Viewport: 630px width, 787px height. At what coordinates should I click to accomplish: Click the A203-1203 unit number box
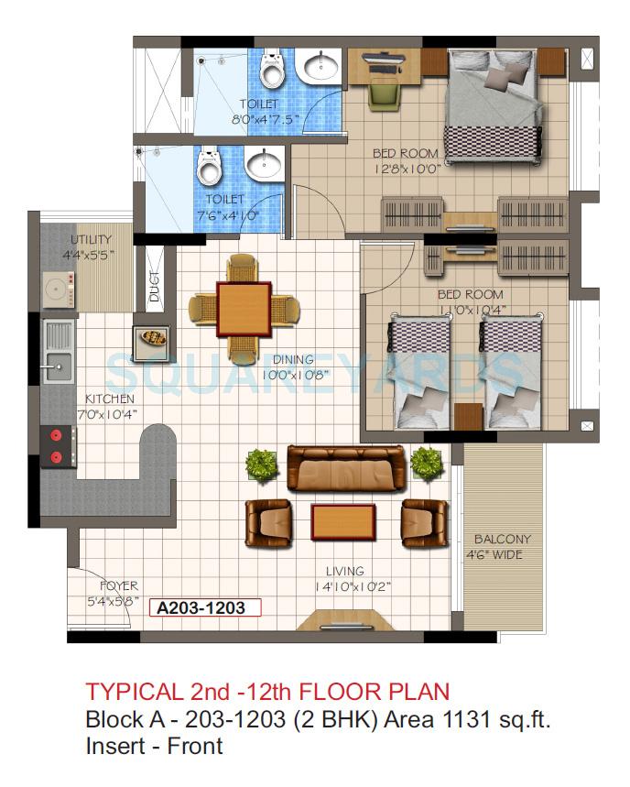[207, 607]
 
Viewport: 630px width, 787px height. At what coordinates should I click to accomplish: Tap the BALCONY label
[501, 540]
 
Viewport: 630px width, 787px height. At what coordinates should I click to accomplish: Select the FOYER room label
[119, 585]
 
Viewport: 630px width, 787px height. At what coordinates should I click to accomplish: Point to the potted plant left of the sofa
[261, 464]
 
